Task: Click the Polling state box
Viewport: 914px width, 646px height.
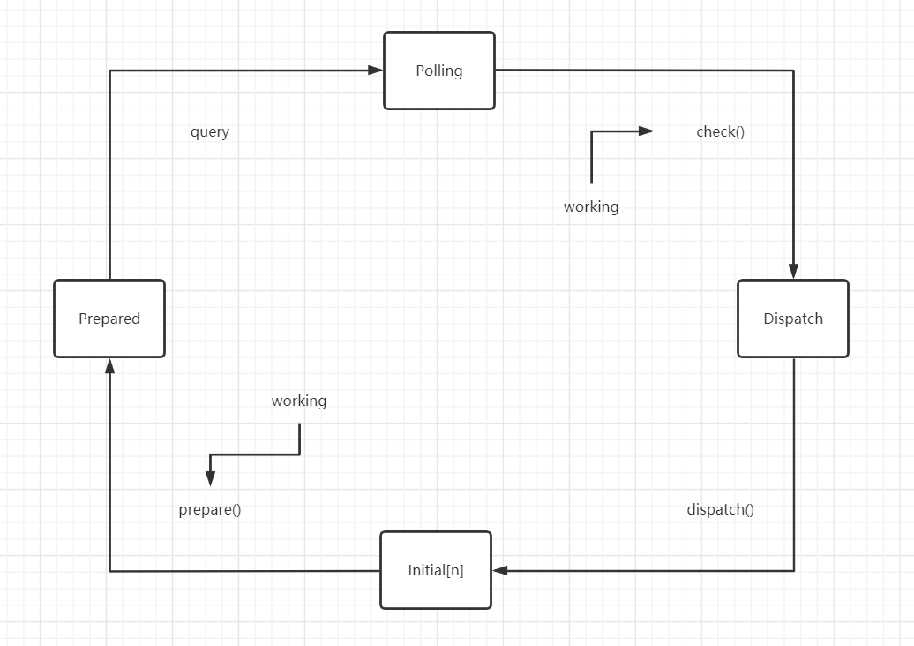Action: (439, 71)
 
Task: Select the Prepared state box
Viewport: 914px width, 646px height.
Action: (109, 319)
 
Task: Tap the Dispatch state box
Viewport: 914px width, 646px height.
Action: (793, 319)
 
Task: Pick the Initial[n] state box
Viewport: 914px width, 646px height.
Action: (436, 570)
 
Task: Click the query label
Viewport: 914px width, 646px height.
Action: (210, 132)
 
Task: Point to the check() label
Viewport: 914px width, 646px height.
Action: (721, 132)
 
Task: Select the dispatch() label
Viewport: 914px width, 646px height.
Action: (721, 510)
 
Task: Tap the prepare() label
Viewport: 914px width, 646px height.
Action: (210, 510)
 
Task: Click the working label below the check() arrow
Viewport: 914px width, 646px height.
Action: (591, 207)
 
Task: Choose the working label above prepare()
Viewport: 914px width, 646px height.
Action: (299, 401)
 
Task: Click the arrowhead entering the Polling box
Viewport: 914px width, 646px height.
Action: (376, 71)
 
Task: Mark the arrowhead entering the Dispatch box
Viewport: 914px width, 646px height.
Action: (793, 272)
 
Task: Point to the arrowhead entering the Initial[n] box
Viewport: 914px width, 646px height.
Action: (500, 570)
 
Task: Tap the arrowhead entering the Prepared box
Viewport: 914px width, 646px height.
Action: (109, 365)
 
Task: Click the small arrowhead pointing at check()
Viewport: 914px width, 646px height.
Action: (647, 131)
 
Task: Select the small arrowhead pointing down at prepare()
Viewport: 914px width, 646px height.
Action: (210, 478)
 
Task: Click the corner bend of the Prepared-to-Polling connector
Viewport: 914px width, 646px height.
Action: (109, 71)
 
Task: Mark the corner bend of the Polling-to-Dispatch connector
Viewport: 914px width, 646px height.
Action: (793, 71)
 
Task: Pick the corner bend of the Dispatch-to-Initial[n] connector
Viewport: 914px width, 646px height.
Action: (793, 570)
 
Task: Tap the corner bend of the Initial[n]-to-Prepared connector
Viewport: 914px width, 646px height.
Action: (109, 571)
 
